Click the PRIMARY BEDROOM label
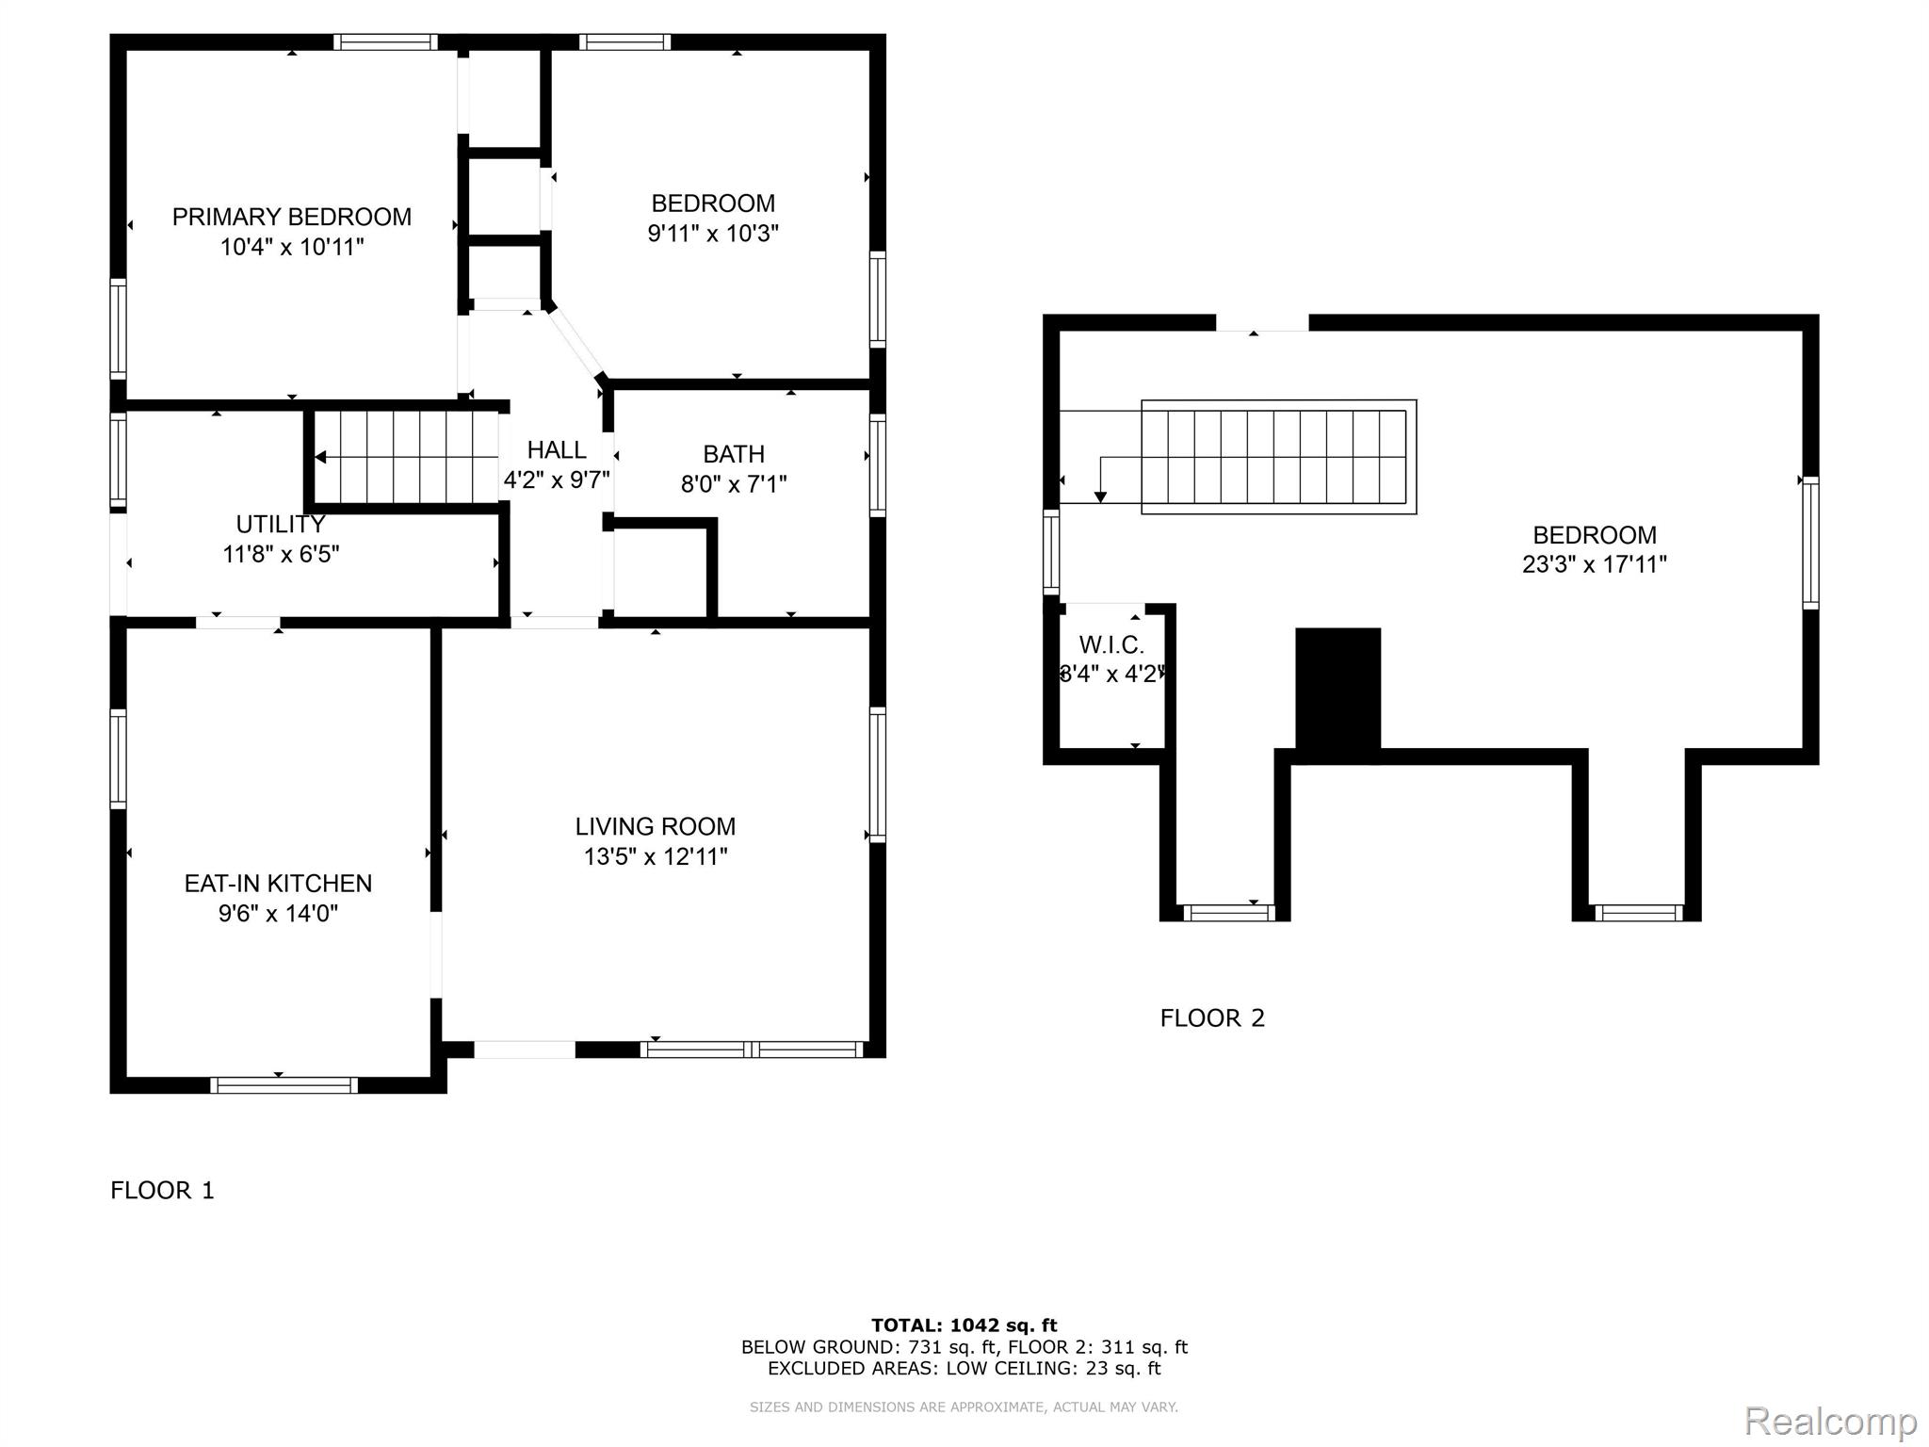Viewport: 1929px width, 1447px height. coord(291,217)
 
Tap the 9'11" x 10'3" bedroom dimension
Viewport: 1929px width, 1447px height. coord(713,233)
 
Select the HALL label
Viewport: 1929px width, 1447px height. coord(557,449)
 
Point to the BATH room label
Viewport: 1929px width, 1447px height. coord(734,454)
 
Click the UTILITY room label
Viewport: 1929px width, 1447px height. coord(281,524)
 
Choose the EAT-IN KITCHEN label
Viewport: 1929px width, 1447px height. coord(278,884)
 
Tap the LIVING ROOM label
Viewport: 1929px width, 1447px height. coord(656,826)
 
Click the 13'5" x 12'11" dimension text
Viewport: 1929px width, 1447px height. coord(656,856)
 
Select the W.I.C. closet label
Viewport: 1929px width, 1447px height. coord(1111,645)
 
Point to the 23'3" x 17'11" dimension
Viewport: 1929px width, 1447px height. coord(1595,564)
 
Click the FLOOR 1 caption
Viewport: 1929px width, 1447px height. coord(162,1191)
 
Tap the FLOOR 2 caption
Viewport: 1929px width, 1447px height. coord(1212,1018)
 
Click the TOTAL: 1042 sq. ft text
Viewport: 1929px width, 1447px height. coord(964,1325)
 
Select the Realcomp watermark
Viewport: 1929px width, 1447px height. coord(1831,1420)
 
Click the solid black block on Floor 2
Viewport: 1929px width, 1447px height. coord(1338,695)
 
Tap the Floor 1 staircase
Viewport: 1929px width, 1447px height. coord(405,457)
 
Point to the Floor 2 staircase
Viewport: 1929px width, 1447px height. coord(1279,457)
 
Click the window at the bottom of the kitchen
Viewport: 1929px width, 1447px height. coord(284,1085)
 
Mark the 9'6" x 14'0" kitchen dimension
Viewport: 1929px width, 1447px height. coord(278,913)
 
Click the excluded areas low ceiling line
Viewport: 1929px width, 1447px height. coord(964,1369)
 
